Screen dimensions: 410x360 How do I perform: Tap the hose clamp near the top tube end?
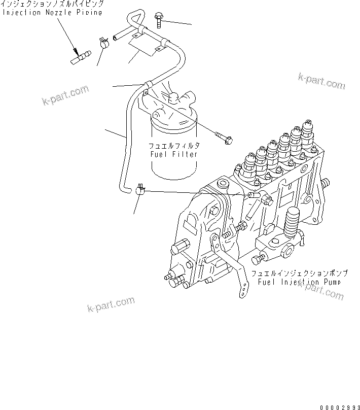click(105, 43)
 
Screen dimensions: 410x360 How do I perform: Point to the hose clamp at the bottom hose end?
click(140, 190)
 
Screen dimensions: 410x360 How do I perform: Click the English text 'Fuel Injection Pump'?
click(299, 282)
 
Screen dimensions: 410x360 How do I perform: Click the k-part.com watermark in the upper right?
click(321, 81)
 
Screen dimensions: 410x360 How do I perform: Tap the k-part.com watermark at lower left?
click(111, 304)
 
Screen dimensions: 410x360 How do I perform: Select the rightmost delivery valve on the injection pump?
click(307, 133)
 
